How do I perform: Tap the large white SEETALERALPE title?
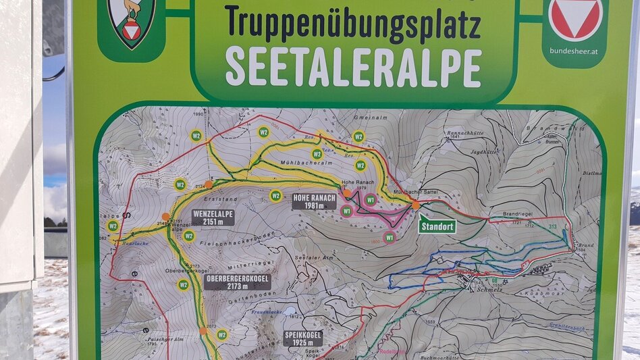click(x=353, y=67)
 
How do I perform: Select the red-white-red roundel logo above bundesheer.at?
click(x=575, y=18)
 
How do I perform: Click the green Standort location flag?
click(x=437, y=226)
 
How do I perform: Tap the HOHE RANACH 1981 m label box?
click(x=314, y=201)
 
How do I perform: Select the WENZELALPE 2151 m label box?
click(x=213, y=217)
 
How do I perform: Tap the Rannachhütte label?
click(x=462, y=134)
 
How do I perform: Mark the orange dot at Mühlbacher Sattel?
click(x=415, y=205)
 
